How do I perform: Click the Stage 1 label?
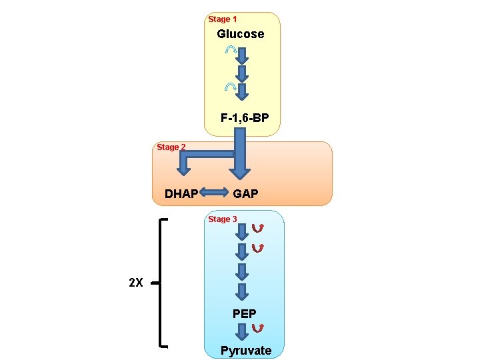(223, 19)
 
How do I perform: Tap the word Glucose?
(240, 34)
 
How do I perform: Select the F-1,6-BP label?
(245, 118)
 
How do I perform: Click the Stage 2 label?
(171, 147)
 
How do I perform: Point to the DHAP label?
(181, 194)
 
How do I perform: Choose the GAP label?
(245, 194)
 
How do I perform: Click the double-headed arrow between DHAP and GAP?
(214, 193)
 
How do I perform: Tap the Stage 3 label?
(223, 219)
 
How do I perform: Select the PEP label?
(244, 313)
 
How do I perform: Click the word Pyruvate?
(246, 351)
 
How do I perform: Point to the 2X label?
(135, 283)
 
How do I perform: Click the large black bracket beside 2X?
(162, 283)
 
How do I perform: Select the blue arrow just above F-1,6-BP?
(243, 92)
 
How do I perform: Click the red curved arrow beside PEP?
(259, 327)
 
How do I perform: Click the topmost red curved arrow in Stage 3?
(257, 229)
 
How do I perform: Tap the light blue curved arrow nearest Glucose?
(230, 50)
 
